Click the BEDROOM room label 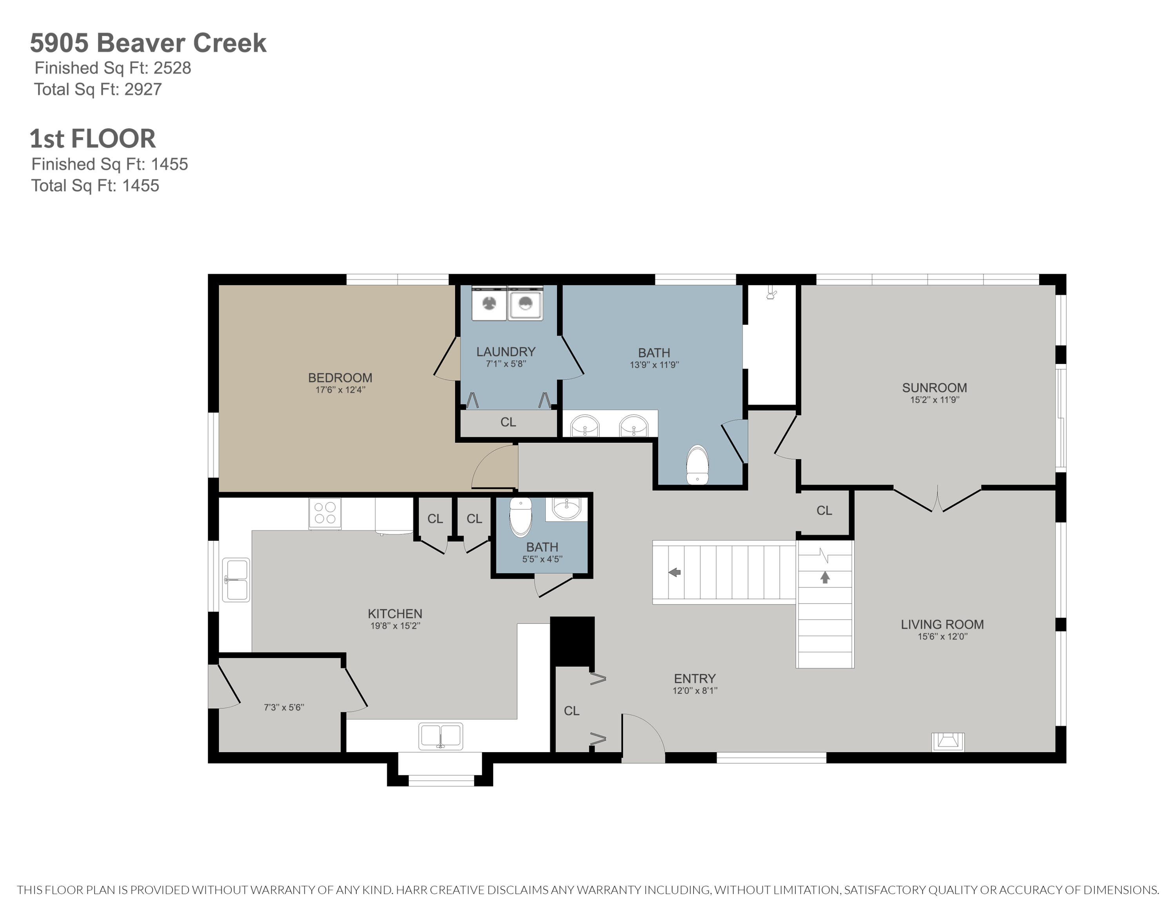tap(340, 378)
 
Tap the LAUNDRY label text tap(506, 352)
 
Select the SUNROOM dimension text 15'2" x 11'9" tap(934, 400)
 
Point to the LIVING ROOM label tap(942, 625)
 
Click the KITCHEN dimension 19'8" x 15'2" tap(395, 626)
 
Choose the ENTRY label tap(695, 678)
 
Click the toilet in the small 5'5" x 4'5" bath tap(521, 517)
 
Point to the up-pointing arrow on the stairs tap(825, 578)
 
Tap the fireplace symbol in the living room tap(948, 742)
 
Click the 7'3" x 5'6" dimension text tap(284, 707)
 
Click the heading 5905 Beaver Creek tap(148, 43)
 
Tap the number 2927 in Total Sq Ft tap(143, 89)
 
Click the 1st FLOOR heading tap(93, 138)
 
